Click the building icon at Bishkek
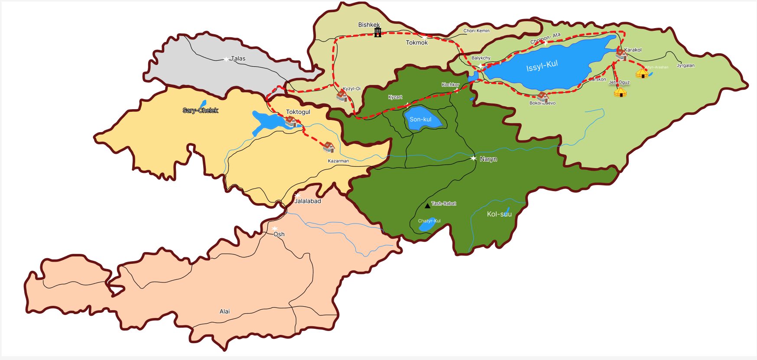click(x=377, y=32)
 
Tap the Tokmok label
click(x=416, y=42)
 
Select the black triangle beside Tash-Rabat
click(x=428, y=205)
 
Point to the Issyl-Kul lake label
click(x=542, y=66)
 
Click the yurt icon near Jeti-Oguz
click(x=620, y=92)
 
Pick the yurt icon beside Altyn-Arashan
click(x=642, y=73)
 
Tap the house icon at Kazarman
click(x=329, y=147)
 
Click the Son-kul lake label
click(x=420, y=119)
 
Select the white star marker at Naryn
click(x=473, y=158)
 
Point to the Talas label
click(x=238, y=58)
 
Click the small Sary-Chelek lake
click(x=203, y=104)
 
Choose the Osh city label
click(x=279, y=234)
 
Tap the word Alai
click(x=224, y=311)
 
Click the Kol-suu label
click(x=499, y=214)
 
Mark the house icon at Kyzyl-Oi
click(x=342, y=96)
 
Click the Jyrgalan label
click(x=686, y=65)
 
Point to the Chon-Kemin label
click(x=476, y=31)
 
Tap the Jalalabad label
click(x=308, y=201)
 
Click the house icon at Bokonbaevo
click(x=542, y=97)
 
